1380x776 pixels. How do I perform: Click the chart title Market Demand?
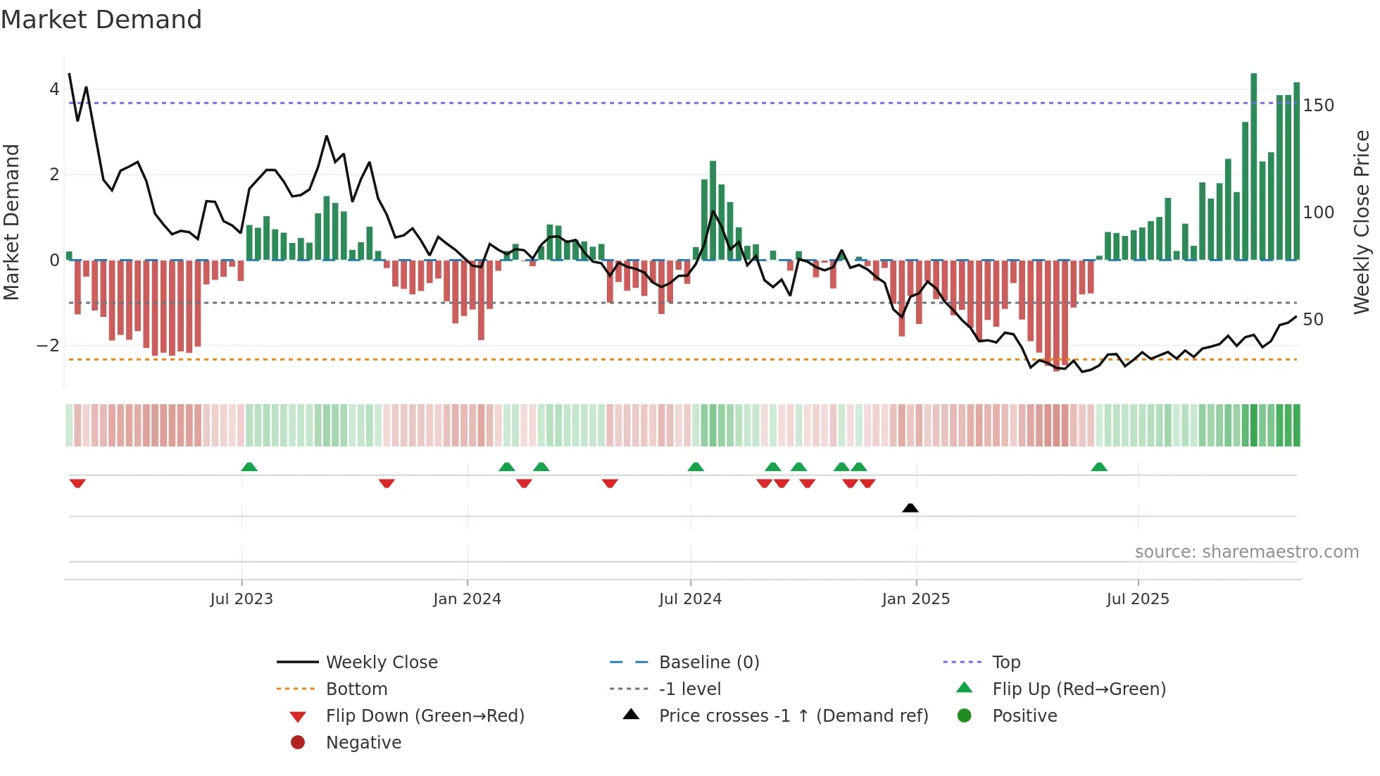tap(101, 20)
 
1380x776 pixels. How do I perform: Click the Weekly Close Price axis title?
tap(1362, 222)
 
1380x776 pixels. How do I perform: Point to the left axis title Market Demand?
tap(12, 222)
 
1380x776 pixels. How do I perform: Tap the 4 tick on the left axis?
tap(54, 89)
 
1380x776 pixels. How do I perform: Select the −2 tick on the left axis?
tap(49, 346)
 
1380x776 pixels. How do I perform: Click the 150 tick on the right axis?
tap(1318, 106)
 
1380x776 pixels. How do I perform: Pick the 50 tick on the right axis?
tap(1313, 320)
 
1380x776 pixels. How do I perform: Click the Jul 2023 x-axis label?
tap(241, 599)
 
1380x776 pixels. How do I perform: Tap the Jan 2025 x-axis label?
tap(915, 599)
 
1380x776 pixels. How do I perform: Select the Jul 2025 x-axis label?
tap(1138, 599)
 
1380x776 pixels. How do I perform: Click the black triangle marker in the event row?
tap(910, 508)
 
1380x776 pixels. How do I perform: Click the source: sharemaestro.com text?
tap(1246, 552)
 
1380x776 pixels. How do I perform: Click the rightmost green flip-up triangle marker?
tap(1099, 467)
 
